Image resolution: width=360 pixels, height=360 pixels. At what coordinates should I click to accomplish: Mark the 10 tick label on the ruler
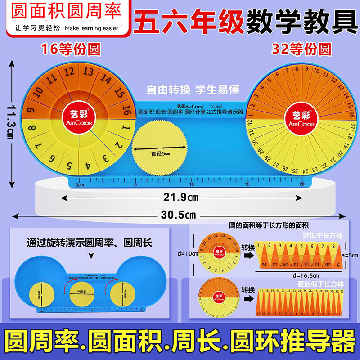tap(191, 184)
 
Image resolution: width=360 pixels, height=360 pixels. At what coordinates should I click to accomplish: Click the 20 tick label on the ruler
tap(301, 184)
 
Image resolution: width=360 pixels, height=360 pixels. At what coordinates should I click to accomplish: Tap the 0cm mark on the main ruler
tap(81, 184)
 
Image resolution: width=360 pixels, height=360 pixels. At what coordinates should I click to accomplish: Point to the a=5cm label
tap(349, 255)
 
